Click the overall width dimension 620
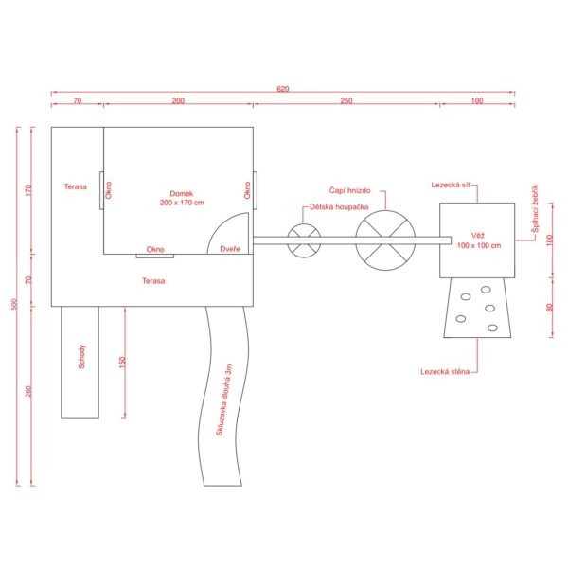[x=282, y=88]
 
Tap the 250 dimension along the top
[x=346, y=100]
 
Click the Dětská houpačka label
[x=332, y=207]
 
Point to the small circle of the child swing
[x=304, y=240]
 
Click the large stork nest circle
[x=385, y=240]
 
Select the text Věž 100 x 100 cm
[x=476, y=240]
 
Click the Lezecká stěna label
[x=445, y=371]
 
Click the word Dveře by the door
[x=229, y=249]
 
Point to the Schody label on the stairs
[x=82, y=357]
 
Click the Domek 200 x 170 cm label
[x=182, y=198]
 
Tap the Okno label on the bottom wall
[x=155, y=249]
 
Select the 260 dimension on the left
[x=27, y=393]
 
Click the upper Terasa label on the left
[x=76, y=186]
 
